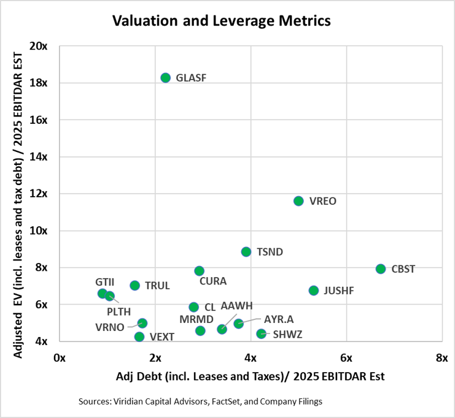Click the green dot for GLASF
165,78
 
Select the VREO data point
298,201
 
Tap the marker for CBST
381,269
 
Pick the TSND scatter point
246,252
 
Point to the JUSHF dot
314,291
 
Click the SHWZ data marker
261,334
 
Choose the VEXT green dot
139,336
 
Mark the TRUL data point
135,286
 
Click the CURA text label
212,282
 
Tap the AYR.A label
279,320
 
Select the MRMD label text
196,319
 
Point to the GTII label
105,282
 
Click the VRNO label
110,327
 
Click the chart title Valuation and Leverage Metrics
222,21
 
